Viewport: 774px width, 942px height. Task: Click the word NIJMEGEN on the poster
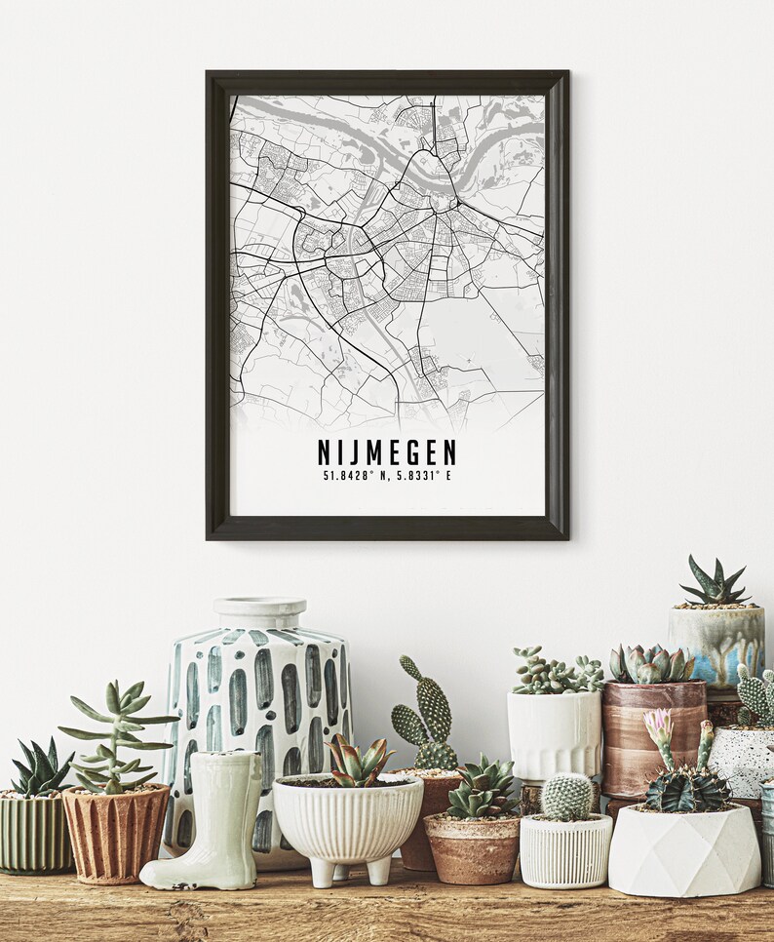coord(387,452)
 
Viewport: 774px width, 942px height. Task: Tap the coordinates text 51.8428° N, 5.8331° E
coord(387,476)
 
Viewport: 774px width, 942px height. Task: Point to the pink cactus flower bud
coord(659,725)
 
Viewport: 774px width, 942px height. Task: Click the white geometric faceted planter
coord(683,849)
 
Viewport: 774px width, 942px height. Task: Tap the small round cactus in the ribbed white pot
coord(567,797)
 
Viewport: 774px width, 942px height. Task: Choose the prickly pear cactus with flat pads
coord(425,717)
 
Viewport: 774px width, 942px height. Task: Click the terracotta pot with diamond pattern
coord(115,834)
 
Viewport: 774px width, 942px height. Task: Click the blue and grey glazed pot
coord(716,643)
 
